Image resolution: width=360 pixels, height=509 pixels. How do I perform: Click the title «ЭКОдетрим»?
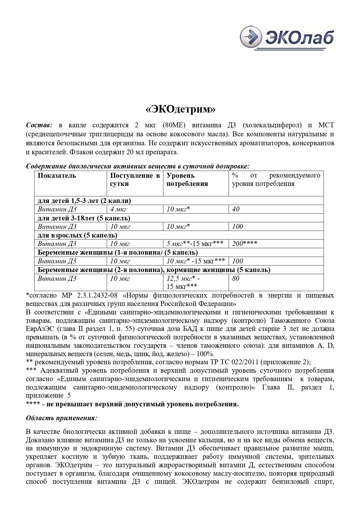tap(180, 109)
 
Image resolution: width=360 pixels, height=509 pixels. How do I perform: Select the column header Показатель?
tap(57, 175)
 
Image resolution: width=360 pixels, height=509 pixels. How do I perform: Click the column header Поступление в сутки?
tap(135, 180)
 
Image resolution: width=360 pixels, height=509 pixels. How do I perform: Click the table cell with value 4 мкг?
tap(118, 209)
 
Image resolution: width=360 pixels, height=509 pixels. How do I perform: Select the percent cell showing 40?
tap(236, 209)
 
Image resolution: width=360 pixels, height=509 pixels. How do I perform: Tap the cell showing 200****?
tap(245, 244)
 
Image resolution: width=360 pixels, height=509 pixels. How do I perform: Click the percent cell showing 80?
tap(236, 279)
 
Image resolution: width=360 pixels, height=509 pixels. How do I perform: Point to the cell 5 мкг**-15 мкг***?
tap(195, 244)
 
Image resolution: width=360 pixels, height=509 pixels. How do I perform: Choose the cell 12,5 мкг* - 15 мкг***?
tap(183, 282)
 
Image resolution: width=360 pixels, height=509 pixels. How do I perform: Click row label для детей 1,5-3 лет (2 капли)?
tap(84, 201)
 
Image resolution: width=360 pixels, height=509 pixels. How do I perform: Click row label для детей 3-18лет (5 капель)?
tap(84, 218)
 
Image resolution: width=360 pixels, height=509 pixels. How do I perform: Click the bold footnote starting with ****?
tap(132, 404)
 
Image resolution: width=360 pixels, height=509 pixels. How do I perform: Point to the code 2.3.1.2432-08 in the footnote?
tap(97, 296)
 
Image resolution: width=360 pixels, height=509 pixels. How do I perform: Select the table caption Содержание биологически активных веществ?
tap(138, 166)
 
